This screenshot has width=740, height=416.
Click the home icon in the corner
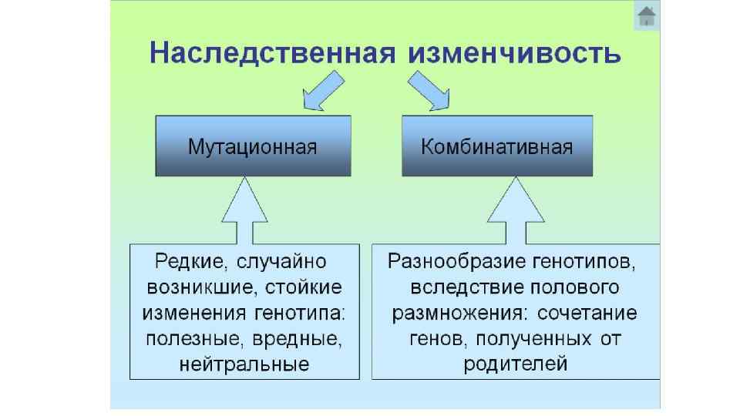pos(647,17)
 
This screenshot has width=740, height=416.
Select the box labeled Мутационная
pos(253,146)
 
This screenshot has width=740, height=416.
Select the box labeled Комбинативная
pos(497,146)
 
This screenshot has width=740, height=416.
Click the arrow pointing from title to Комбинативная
pos(429,90)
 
